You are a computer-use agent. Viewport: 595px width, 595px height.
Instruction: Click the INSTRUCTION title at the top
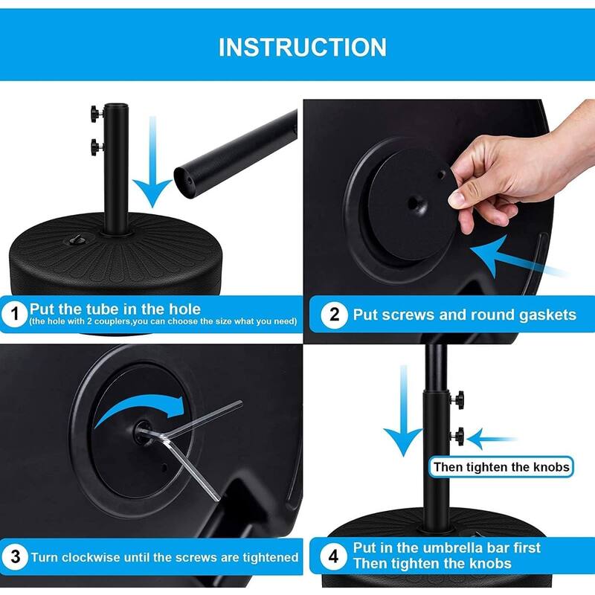click(x=302, y=47)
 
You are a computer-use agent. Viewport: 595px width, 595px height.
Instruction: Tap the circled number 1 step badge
click(x=14, y=314)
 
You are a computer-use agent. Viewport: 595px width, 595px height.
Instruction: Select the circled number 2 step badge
click(x=334, y=314)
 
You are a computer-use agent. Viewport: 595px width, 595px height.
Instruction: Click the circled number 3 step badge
click(x=14, y=556)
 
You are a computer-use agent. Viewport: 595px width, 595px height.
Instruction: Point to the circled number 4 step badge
click(x=334, y=555)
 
